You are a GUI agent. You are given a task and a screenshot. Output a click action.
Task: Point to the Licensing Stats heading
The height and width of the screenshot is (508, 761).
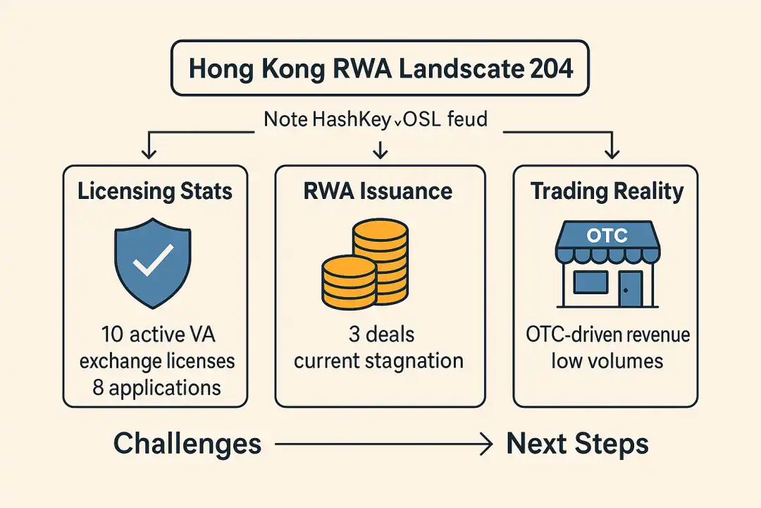coord(155,191)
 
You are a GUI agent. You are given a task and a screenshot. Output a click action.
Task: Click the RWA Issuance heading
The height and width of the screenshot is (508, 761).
coord(380,191)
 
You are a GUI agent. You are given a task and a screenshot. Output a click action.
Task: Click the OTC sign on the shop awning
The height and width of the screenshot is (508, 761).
coord(607,235)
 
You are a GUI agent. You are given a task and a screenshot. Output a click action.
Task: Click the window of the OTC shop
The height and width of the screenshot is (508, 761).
coord(590,282)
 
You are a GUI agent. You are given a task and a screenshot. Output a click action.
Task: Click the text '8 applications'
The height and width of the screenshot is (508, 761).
coord(156,387)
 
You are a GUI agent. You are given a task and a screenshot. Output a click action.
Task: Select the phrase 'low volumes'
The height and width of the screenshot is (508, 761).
coord(607,361)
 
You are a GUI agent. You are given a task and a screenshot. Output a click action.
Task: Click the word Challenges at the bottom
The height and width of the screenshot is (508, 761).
coord(187,445)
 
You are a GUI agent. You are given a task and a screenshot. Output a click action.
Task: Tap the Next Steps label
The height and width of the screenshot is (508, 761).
coord(577,445)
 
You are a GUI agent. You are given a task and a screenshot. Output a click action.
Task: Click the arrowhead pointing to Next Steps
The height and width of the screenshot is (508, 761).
coord(485,445)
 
